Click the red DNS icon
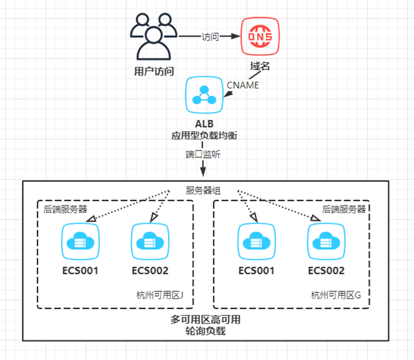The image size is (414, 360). coord(260,37)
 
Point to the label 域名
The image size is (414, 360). coord(260,66)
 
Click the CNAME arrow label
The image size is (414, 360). coord(243,85)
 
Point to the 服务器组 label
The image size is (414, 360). coord(203,190)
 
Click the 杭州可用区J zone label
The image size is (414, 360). coord(160,295)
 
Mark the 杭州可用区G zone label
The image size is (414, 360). coord(336,295)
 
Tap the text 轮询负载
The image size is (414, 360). coord(206,331)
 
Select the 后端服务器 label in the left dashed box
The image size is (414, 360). coord(66,209)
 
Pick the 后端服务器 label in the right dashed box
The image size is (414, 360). coord(344,209)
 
